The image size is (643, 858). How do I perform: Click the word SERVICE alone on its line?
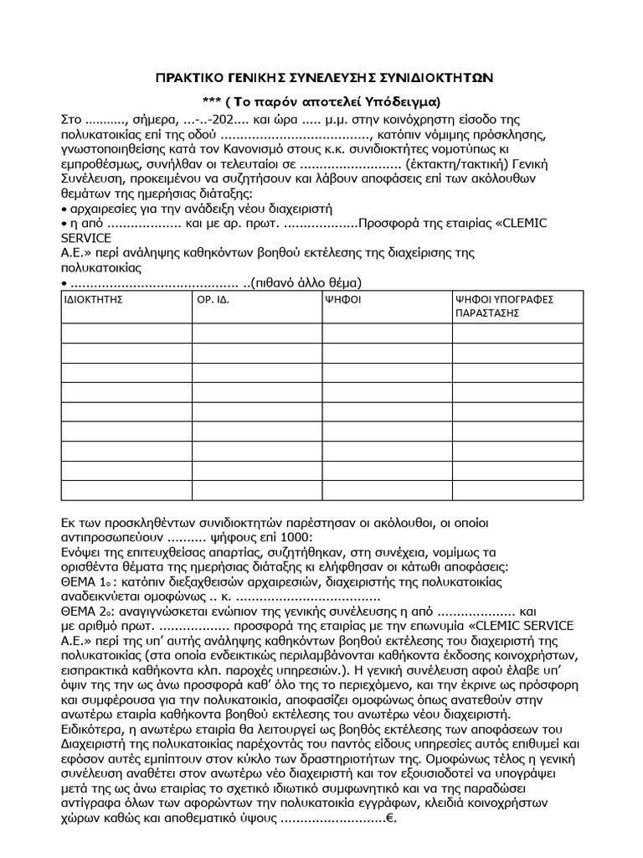86,237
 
